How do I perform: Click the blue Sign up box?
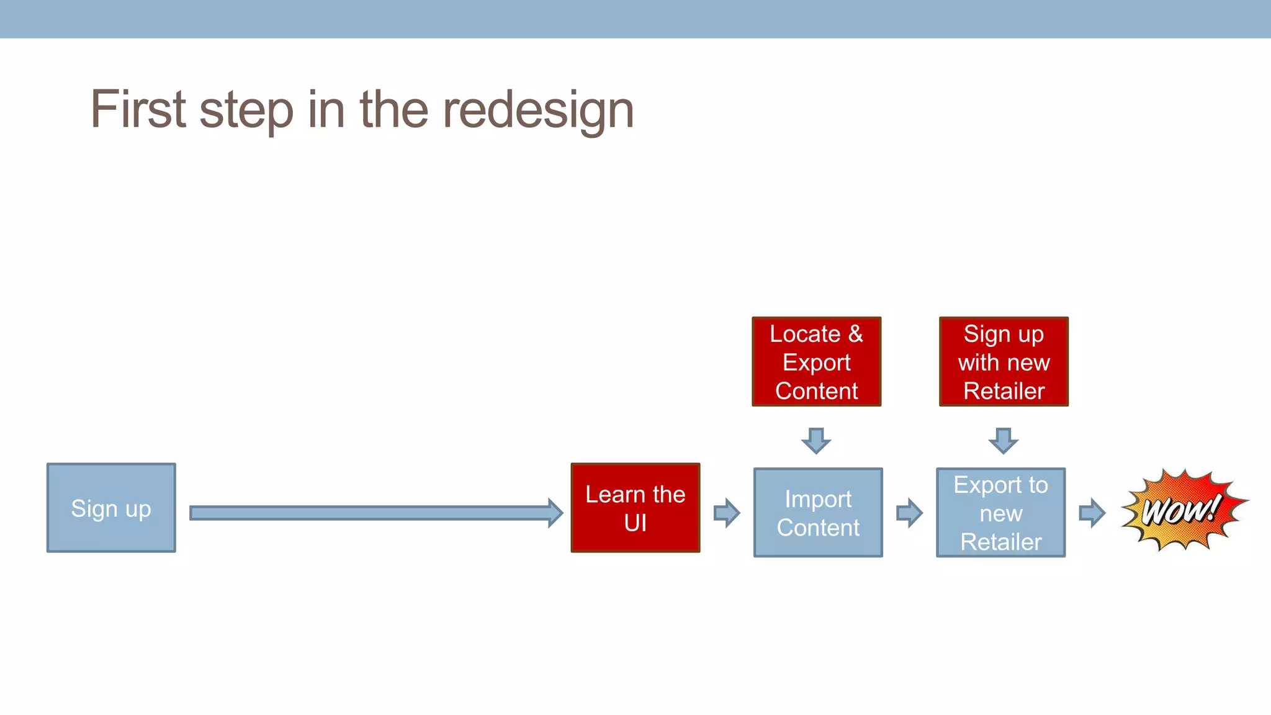tap(111, 508)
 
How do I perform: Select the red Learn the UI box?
tap(635, 508)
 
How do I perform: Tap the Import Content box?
tap(818, 513)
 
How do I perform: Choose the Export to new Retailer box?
tap(1000, 513)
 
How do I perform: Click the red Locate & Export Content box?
tap(816, 362)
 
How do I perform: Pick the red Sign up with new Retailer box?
tap(1004, 362)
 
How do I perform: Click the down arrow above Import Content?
tap(816, 441)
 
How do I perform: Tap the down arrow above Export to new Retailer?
tap(1004, 441)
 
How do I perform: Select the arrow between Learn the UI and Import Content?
tap(727, 513)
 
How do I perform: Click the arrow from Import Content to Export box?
tap(910, 513)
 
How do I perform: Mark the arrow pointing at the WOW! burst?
tap(1092, 513)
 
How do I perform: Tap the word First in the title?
tap(138, 110)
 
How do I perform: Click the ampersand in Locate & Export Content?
tap(856, 334)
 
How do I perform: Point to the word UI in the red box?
tap(635, 523)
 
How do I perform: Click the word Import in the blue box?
tap(818, 499)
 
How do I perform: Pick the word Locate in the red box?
tap(805, 334)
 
